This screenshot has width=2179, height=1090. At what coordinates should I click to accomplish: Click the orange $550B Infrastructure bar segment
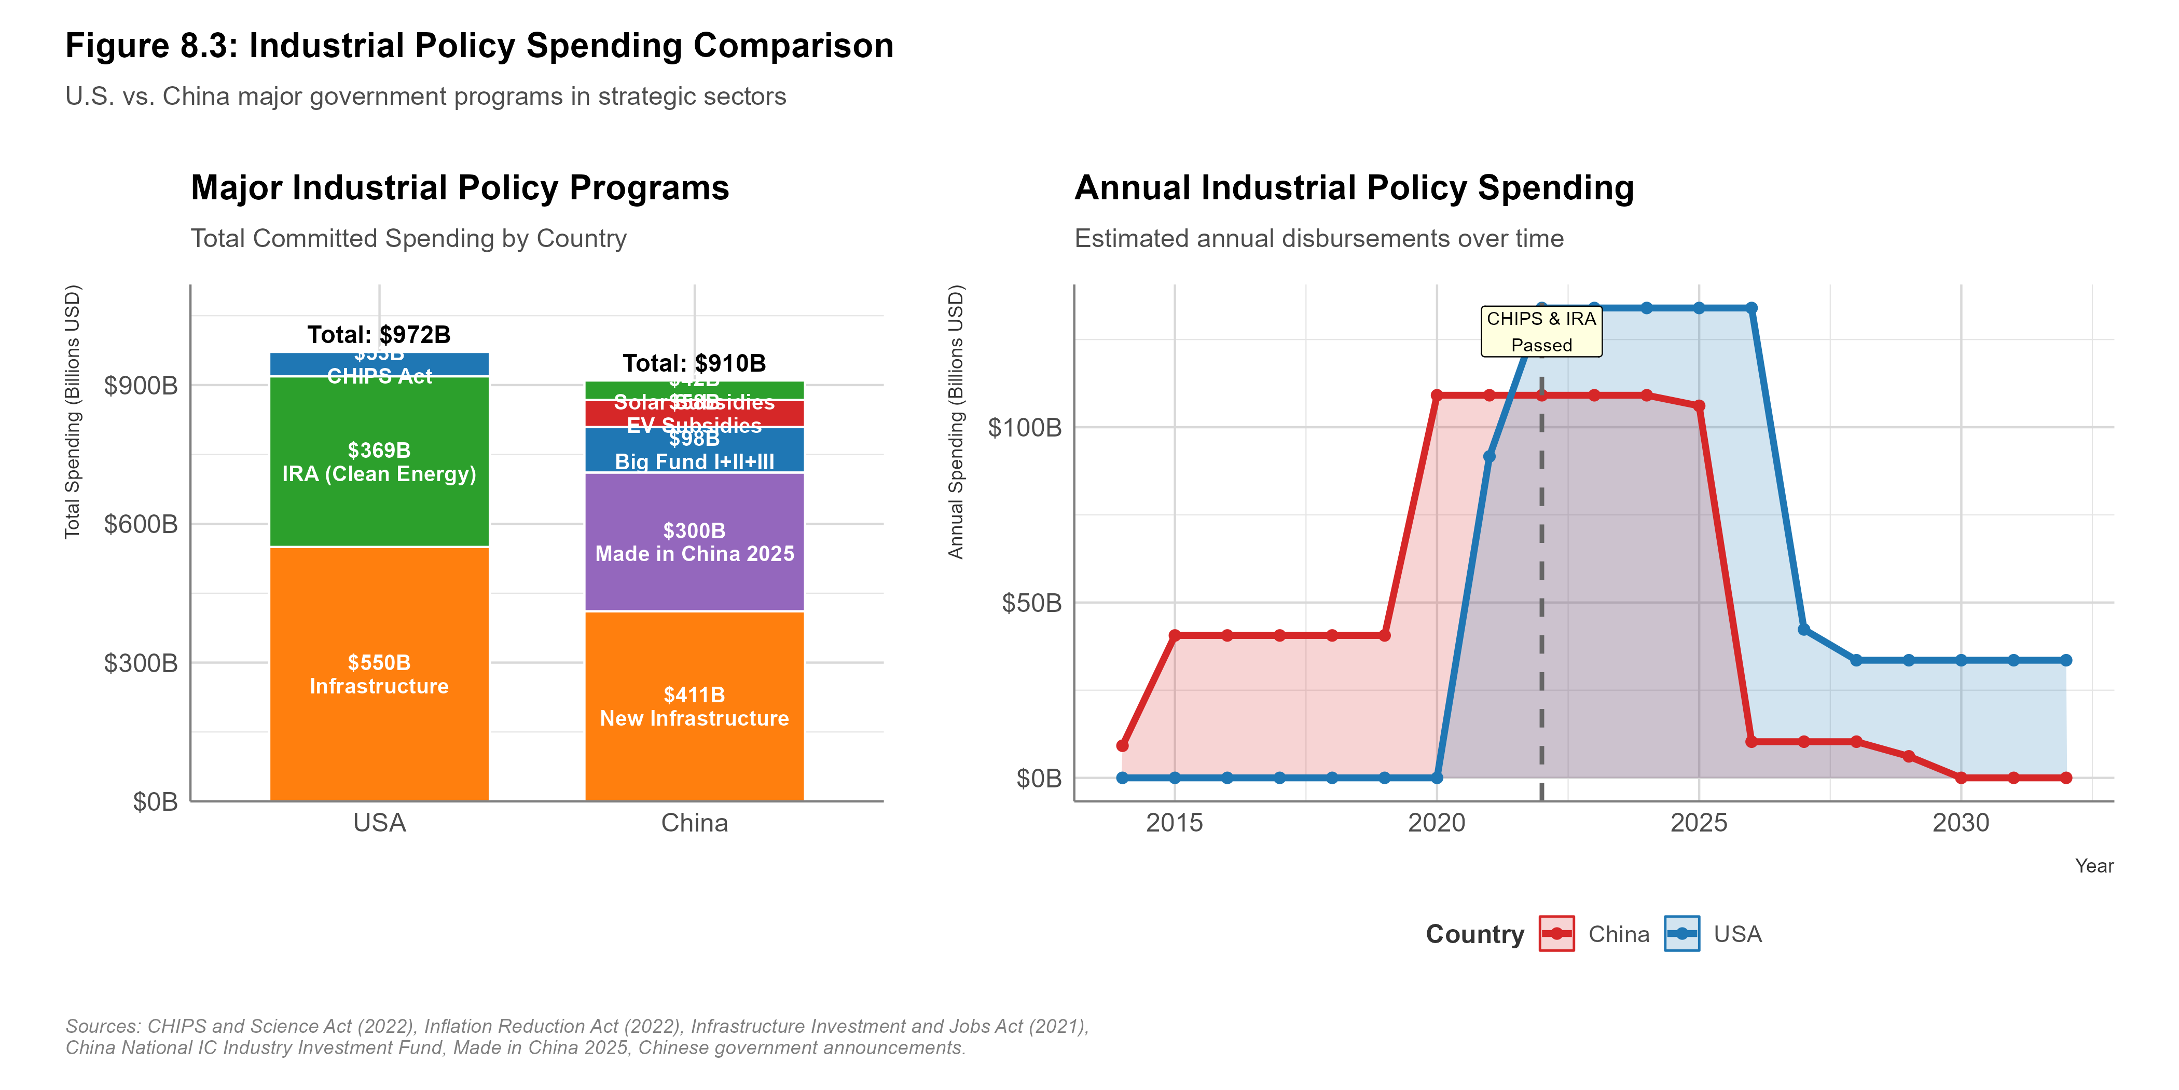[379, 674]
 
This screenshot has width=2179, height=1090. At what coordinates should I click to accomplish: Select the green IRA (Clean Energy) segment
[379, 462]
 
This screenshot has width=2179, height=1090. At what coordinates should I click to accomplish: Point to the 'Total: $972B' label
[379, 334]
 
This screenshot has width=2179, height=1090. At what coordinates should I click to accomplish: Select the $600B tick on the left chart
[141, 524]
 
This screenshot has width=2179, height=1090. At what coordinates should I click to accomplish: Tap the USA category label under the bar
[379, 823]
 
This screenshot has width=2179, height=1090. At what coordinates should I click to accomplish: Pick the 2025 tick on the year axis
[1699, 823]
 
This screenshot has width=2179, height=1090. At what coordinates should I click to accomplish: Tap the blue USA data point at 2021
[1490, 457]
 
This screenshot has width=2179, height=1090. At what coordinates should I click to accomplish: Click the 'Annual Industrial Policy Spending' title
[1354, 188]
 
